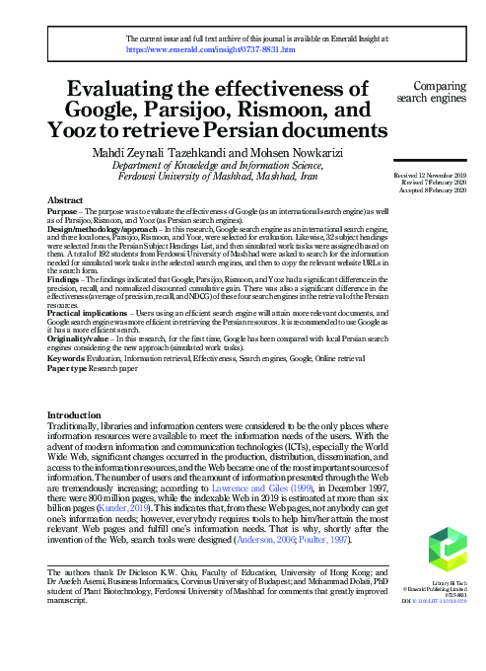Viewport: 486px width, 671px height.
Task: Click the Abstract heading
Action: [x=65, y=199]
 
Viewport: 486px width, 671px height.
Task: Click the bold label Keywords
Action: [x=68, y=359]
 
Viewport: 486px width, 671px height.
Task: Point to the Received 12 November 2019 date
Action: [x=436, y=175]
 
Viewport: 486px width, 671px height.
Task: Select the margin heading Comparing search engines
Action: [x=439, y=92]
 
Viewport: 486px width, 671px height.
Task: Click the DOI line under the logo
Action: [x=446, y=601]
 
